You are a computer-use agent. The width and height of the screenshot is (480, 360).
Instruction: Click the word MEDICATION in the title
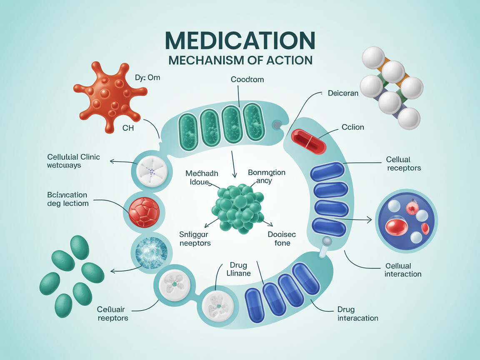point(240,40)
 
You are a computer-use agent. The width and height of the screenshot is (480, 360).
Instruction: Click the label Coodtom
point(247,79)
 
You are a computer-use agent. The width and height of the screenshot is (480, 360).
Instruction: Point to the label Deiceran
point(343,93)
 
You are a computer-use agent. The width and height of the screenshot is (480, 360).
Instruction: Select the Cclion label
point(352,127)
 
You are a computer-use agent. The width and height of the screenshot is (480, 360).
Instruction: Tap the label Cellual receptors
point(403,164)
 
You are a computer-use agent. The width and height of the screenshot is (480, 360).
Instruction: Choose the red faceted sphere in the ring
point(144,212)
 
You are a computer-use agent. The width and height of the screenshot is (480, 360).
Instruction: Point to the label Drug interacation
point(357,314)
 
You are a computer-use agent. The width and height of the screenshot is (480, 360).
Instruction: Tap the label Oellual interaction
point(402,270)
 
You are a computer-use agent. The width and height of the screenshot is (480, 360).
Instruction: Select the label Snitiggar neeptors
point(195,238)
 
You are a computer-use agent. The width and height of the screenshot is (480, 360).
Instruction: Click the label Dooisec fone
point(279,238)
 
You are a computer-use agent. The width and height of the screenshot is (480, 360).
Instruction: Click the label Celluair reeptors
point(112,313)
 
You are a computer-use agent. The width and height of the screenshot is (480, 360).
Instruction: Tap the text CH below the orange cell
point(128,128)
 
